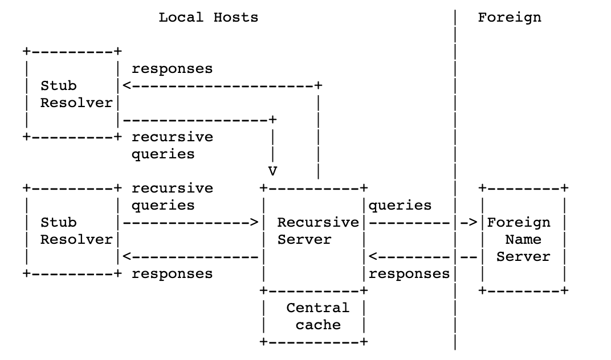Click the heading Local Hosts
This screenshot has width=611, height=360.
click(208, 17)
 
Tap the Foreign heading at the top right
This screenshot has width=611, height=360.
click(509, 17)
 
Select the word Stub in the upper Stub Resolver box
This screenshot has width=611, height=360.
click(58, 86)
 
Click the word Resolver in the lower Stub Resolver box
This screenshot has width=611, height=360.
click(76, 240)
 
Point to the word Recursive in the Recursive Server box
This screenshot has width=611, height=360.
click(318, 222)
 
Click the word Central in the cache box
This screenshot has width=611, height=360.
click(317, 308)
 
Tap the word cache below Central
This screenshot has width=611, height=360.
click(317, 325)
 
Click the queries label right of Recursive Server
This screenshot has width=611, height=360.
click(400, 205)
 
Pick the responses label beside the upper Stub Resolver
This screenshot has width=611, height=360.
click(172, 69)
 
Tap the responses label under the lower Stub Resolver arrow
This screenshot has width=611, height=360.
click(172, 274)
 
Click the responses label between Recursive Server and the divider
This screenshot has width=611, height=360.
click(409, 274)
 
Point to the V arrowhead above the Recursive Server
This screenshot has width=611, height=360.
click(272, 171)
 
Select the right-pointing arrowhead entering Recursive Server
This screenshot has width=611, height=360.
click(254, 223)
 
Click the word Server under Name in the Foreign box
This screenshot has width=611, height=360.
click(523, 257)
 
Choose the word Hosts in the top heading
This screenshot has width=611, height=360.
click(235, 17)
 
